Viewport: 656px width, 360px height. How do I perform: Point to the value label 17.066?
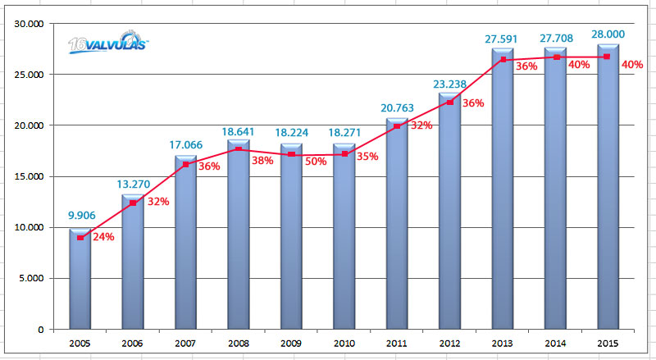click(185, 144)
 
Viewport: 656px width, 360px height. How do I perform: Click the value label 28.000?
click(608, 34)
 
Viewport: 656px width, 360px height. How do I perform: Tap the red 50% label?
click(315, 162)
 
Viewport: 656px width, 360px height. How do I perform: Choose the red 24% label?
click(103, 238)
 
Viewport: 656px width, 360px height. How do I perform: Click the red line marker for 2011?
click(397, 126)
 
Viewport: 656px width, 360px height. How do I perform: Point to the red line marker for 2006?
click(133, 203)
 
